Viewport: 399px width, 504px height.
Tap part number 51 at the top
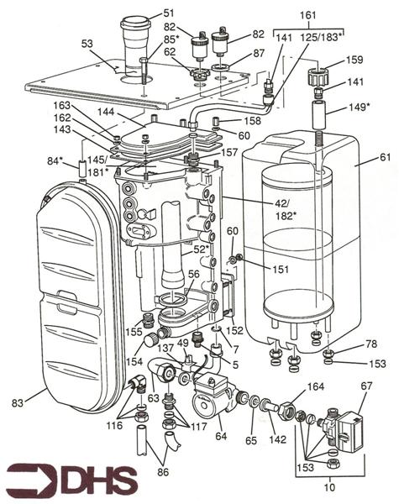coord(169,13)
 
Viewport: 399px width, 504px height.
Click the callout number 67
coord(365,386)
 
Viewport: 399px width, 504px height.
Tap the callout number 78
coord(370,345)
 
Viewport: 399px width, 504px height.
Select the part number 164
coord(314,387)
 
